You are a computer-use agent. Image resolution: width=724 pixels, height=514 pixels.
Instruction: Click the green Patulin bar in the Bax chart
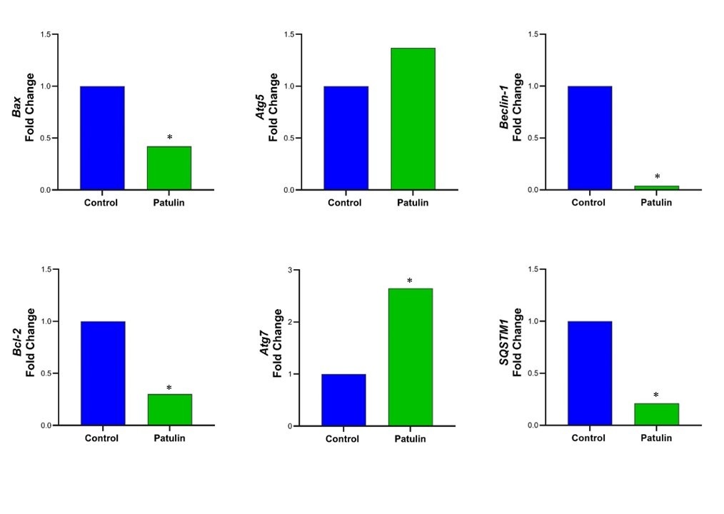(x=169, y=168)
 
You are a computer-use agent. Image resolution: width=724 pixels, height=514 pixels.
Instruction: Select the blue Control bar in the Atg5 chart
(x=346, y=138)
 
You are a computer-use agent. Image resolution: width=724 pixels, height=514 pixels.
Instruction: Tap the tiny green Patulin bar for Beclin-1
(x=656, y=188)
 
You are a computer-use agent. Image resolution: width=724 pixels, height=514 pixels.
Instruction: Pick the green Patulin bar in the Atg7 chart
(x=410, y=357)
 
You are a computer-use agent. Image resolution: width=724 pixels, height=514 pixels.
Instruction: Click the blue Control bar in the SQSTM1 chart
(x=590, y=373)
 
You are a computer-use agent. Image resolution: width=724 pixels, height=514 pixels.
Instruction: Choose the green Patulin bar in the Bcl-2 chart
(x=169, y=409)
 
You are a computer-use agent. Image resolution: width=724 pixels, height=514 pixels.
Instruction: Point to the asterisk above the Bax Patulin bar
(x=170, y=138)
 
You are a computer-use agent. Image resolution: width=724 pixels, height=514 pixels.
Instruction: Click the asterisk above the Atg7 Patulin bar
(x=410, y=281)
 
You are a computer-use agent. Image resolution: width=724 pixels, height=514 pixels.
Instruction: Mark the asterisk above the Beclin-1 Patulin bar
(x=657, y=177)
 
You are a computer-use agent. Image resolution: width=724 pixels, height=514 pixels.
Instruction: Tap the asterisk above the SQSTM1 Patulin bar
(x=656, y=395)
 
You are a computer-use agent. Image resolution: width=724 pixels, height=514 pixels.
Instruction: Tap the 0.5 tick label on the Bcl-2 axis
(x=45, y=373)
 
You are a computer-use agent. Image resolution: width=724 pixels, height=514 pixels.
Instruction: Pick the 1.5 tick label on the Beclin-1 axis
(x=533, y=34)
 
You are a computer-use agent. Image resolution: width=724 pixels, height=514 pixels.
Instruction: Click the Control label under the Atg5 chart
(x=345, y=203)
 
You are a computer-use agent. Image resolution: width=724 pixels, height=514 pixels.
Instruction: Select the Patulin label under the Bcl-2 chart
(x=169, y=438)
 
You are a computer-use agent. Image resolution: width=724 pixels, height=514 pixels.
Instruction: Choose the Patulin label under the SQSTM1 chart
(x=655, y=438)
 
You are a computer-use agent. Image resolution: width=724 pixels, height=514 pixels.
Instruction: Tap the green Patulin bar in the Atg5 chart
(x=413, y=119)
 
